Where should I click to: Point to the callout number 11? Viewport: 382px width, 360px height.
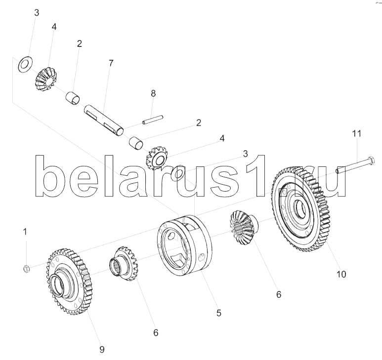click(356, 133)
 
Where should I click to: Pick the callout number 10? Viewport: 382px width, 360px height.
click(341, 274)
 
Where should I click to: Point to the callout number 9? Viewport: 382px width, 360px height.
click(102, 349)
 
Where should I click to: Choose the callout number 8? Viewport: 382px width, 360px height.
click(153, 93)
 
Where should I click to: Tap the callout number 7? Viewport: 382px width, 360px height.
click(111, 63)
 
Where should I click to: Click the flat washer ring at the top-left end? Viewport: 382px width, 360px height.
click(24, 64)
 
